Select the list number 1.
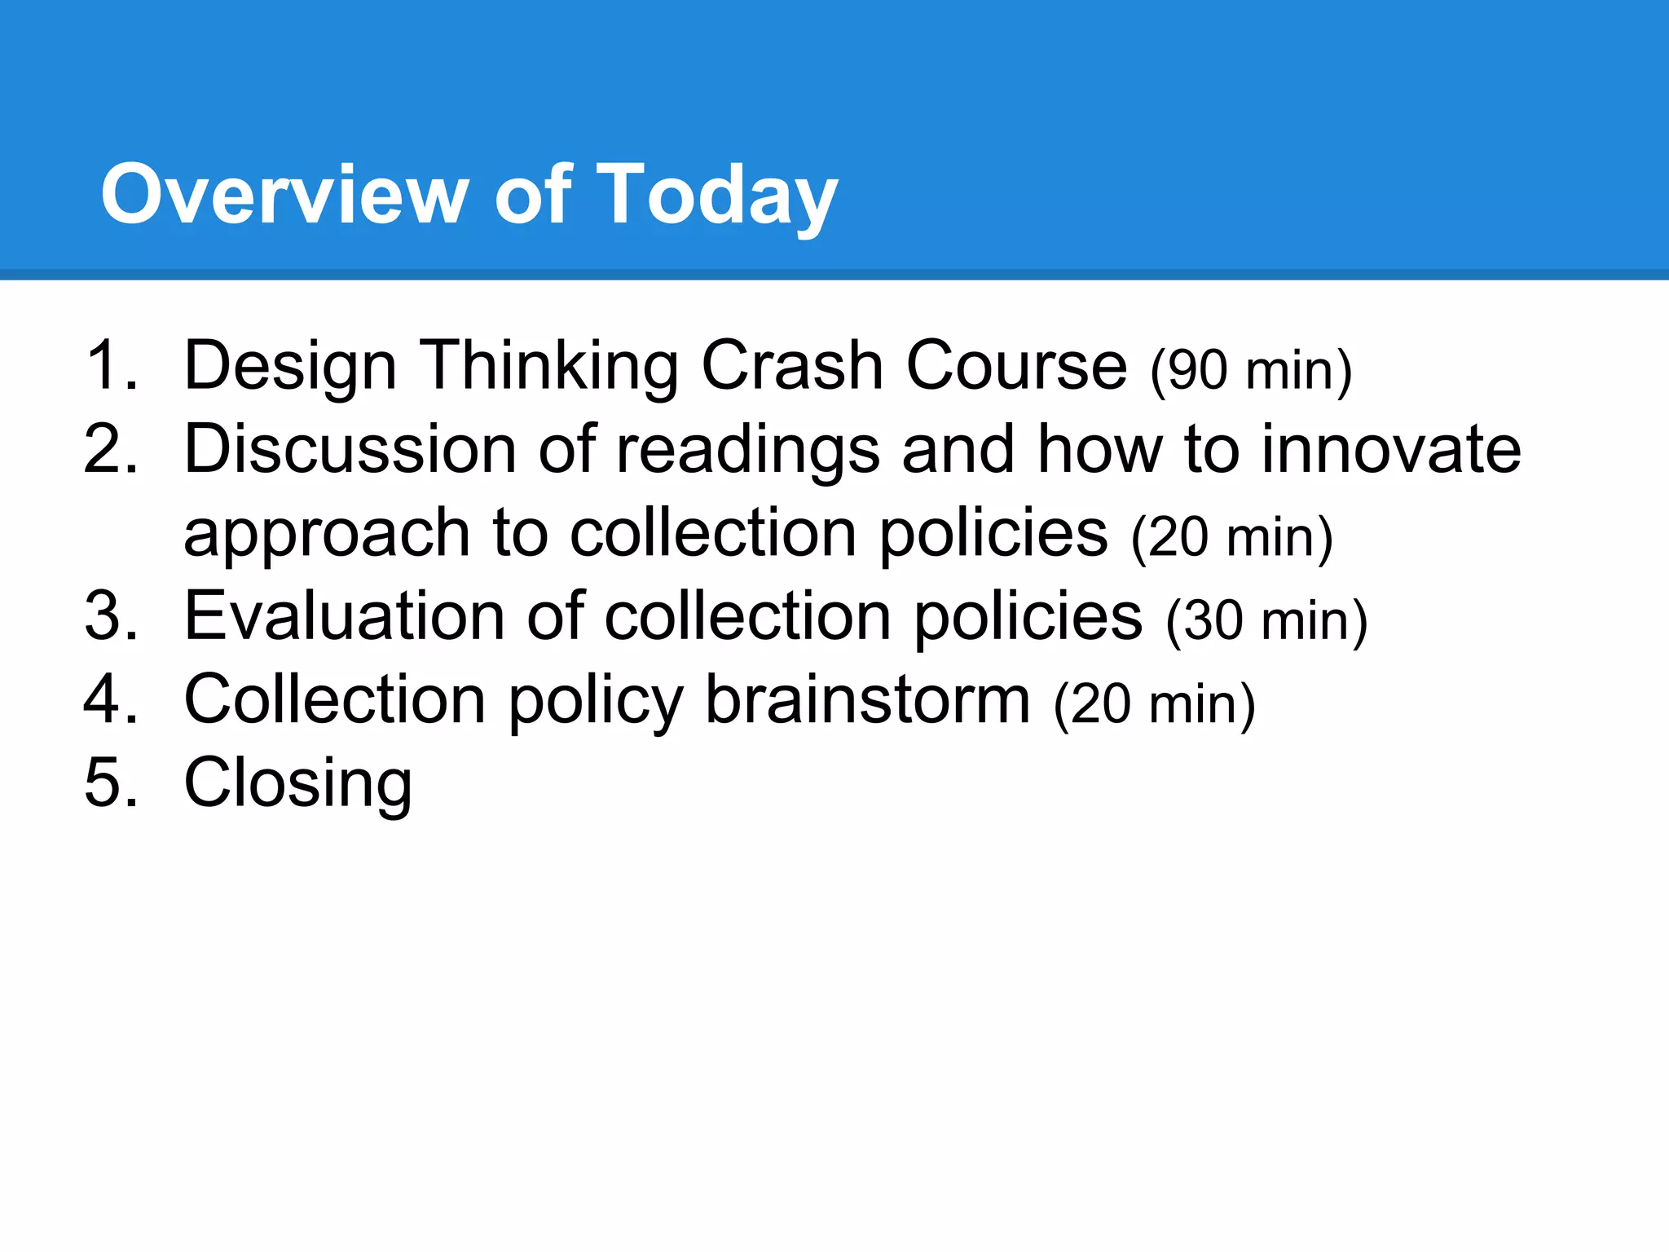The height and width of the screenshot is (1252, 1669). click(x=110, y=366)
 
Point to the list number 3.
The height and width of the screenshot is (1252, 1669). click(x=110, y=616)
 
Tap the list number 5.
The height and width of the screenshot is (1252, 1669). click(x=110, y=783)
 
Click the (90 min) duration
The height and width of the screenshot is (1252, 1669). click(x=1251, y=371)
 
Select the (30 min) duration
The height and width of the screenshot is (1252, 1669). click(x=1266, y=621)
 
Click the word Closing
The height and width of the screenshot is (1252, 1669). click(x=298, y=783)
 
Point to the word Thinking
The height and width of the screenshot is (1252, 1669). click(x=548, y=366)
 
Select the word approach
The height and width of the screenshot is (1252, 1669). click(x=327, y=534)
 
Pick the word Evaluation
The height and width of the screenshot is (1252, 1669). click(x=344, y=616)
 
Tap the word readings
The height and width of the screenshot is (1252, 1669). click(x=747, y=451)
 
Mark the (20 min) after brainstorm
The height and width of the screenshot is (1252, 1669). click(x=1154, y=705)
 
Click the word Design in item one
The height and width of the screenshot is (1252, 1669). click(x=290, y=366)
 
